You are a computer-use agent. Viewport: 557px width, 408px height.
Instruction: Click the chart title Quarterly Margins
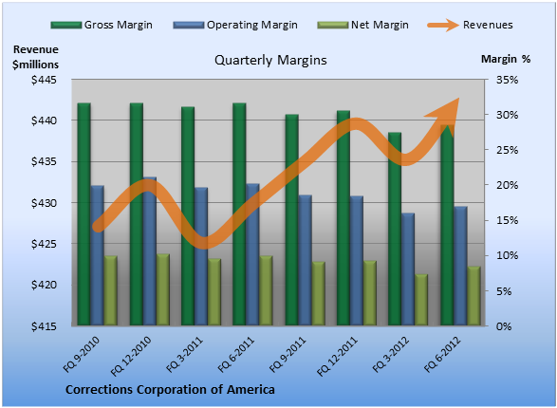(270, 60)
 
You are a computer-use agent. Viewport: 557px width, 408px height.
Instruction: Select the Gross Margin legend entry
(102, 25)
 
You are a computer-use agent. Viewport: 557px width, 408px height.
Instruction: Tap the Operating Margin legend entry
(235, 25)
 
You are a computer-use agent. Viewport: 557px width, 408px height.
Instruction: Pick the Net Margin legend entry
(362, 25)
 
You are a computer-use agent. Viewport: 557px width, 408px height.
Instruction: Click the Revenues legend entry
(471, 25)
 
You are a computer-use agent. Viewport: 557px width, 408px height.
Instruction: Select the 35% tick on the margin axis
(507, 80)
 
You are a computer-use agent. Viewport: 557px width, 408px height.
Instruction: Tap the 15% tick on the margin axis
(507, 220)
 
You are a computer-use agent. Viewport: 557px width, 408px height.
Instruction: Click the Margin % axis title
(506, 59)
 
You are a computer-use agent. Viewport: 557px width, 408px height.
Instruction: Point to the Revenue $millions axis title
(35, 57)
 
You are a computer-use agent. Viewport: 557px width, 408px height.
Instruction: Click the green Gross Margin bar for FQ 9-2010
(84, 214)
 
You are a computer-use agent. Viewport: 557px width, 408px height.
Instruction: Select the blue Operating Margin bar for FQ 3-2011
(201, 256)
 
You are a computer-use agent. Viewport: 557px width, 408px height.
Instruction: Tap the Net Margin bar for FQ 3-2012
(421, 300)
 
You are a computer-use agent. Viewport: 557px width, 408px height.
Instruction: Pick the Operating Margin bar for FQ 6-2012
(461, 266)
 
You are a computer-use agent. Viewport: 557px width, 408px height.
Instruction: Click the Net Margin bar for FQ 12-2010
(163, 289)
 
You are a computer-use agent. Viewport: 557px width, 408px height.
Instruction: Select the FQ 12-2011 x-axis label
(337, 357)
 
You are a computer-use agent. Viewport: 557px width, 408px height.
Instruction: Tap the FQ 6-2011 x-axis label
(236, 354)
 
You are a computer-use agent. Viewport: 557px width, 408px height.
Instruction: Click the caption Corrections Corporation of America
(170, 390)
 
